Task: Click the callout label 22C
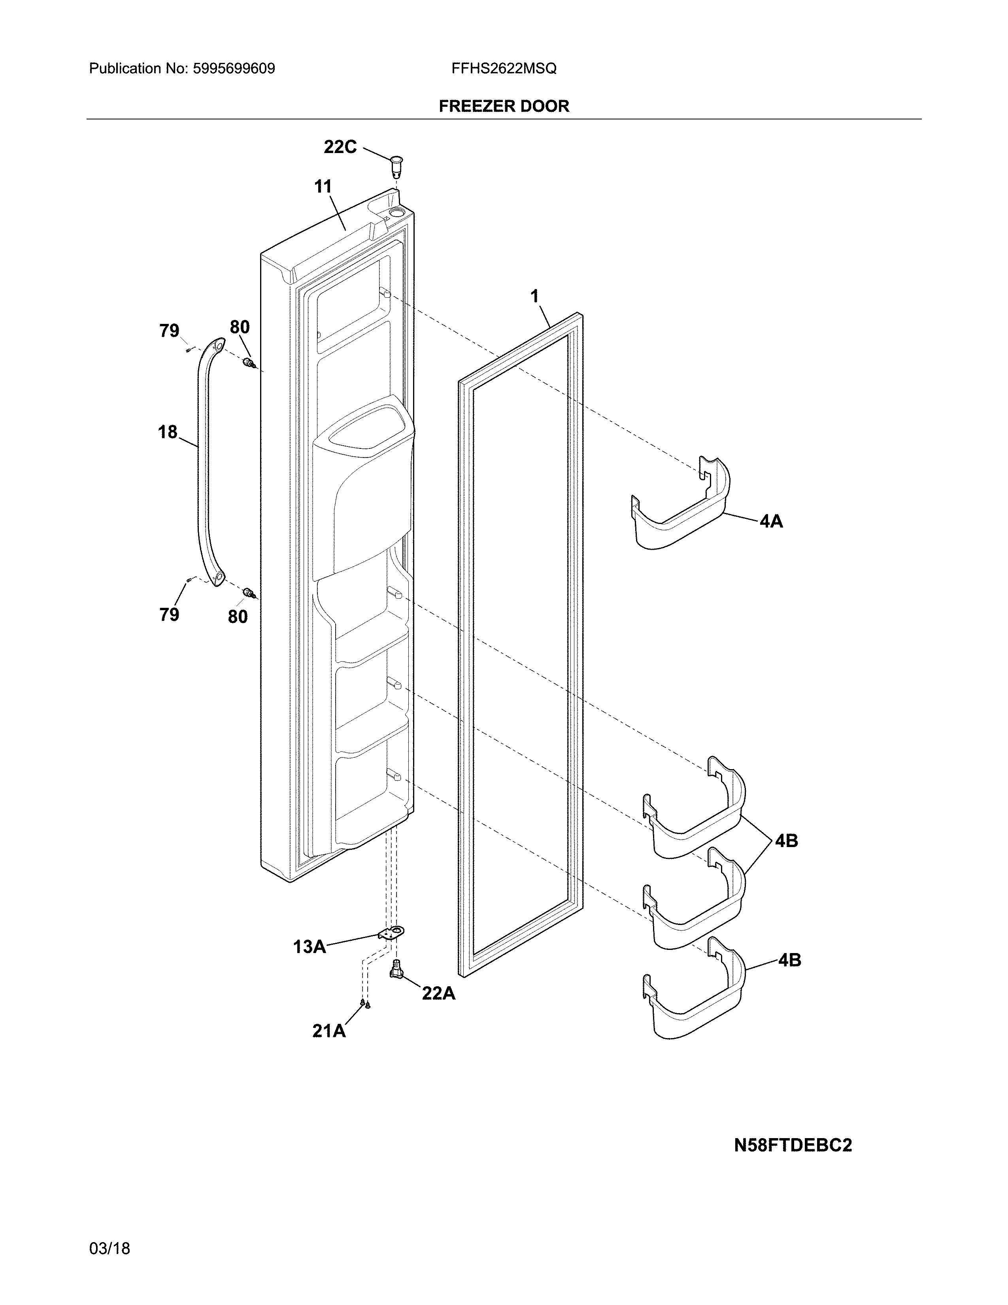[340, 147]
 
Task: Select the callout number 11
[323, 187]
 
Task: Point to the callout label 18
[168, 431]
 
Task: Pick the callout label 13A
[310, 946]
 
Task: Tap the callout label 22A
[438, 993]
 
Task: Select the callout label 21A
[329, 1031]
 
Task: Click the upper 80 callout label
[240, 327]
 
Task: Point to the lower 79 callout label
[169, 614]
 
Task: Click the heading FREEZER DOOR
[504, 106]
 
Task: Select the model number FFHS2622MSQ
[504, 69]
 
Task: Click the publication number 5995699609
[234, 69]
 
